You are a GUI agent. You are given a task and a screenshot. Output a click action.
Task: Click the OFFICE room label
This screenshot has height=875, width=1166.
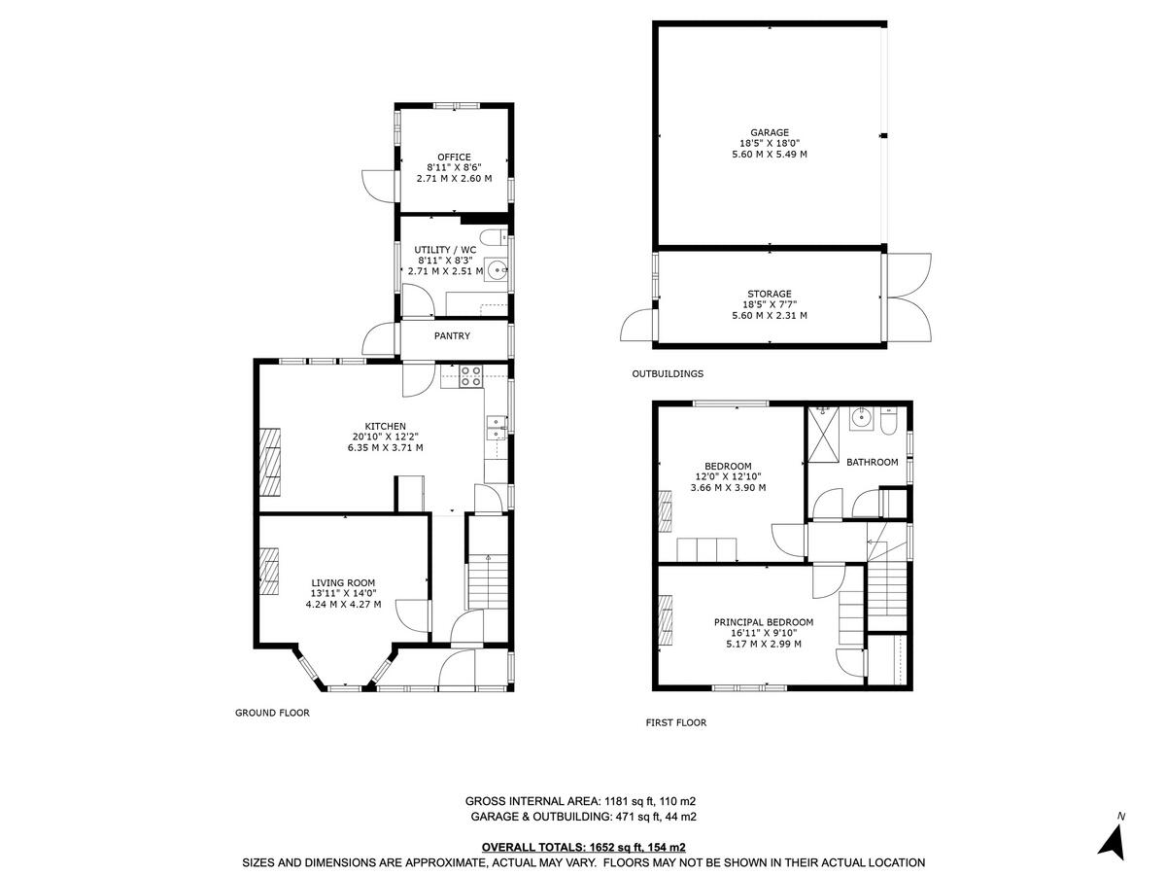pyautogui.click(x=454, y=157)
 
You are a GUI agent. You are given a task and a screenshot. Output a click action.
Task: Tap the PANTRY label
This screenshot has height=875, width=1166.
pyautogui.click(x=452, y=336)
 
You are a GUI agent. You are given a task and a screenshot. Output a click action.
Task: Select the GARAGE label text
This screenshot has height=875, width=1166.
pyautogui.click(x=769, y=132)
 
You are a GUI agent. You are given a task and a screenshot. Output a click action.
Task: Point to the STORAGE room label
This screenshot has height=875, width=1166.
pyautogui.click(x=769, y=294)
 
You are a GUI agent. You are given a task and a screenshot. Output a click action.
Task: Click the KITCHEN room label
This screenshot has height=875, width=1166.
pyautogui.click(x=385, y=426)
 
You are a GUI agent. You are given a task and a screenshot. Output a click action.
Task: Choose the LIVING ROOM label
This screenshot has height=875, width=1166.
pyautogui.click(x=343, y=582)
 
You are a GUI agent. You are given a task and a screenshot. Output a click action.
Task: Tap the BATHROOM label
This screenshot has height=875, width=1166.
pyautogui.click(x=872, y=462)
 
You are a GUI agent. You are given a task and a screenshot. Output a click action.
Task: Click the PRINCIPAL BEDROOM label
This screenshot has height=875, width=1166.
pyautogui.click(x=763, y=622)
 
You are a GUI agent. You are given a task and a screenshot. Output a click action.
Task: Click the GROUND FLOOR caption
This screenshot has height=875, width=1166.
pyautogui.click(x=272, y=713)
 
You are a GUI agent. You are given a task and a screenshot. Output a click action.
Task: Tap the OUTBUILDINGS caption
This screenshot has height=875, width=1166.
pyautogui.click(x=668, y=373)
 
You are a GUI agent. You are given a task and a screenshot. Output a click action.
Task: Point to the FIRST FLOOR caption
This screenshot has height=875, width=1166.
pyautogui.click(x=676, y=722)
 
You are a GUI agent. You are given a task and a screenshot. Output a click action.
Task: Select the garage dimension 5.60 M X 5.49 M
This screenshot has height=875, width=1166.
pyautogui.click(x=769, y=154)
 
